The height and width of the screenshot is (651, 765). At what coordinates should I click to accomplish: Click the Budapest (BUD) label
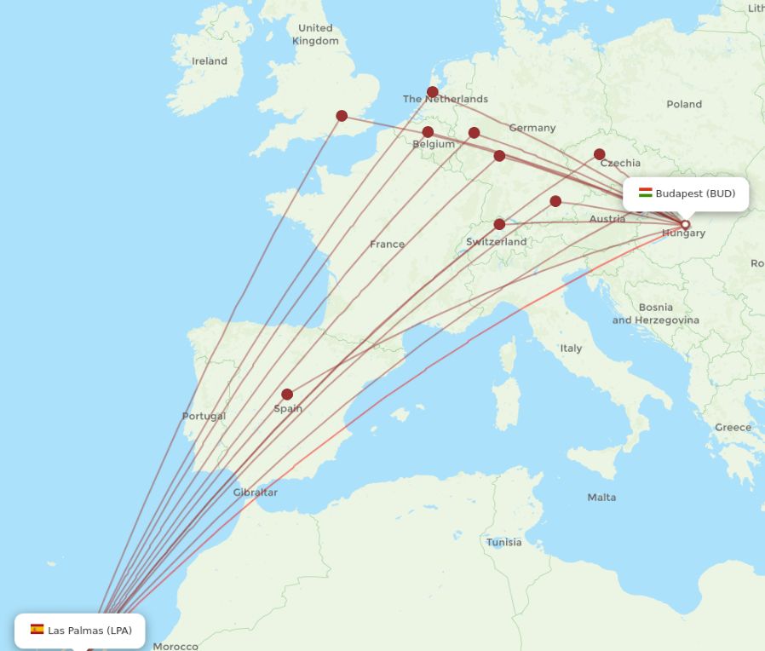tap(694, 193)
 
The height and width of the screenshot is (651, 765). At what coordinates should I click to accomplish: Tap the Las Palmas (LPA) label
tap(89, 631)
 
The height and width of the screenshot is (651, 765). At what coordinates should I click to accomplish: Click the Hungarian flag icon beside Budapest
tap(646, 193)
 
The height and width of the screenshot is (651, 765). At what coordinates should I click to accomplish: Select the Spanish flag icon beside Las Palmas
tap(37, 630)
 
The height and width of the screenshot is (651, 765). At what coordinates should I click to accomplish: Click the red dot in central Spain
tap(287, 395)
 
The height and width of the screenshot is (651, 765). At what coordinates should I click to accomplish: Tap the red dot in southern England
tap(342, 116)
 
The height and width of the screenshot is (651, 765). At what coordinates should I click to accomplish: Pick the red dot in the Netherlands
tap(433, 92)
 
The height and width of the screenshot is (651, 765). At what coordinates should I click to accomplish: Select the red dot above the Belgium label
tap(428, 132)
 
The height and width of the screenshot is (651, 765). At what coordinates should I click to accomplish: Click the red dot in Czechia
tap(600, 154)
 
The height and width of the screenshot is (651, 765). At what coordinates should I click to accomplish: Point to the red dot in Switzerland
tap(499, 225)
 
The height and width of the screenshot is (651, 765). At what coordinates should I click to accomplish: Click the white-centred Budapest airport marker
tap(685, 225)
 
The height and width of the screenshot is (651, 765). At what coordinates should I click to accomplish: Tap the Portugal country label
tap(204, 417)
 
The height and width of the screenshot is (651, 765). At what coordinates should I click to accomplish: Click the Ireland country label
tap(210, 61)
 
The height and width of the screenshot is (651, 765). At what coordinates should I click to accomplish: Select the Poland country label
tap(684, 104)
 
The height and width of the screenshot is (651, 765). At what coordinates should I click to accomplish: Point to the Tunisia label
tap(504, 542)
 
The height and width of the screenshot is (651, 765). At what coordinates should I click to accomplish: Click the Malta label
tap(601, 497)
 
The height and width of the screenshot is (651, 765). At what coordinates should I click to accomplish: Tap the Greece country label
tap(733, 427)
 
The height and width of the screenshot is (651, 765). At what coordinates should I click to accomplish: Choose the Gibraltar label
tap(255, 493)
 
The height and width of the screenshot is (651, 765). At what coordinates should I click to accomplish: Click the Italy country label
tap(571, 348)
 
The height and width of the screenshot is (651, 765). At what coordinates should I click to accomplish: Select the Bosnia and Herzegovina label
tap(655, 314)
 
